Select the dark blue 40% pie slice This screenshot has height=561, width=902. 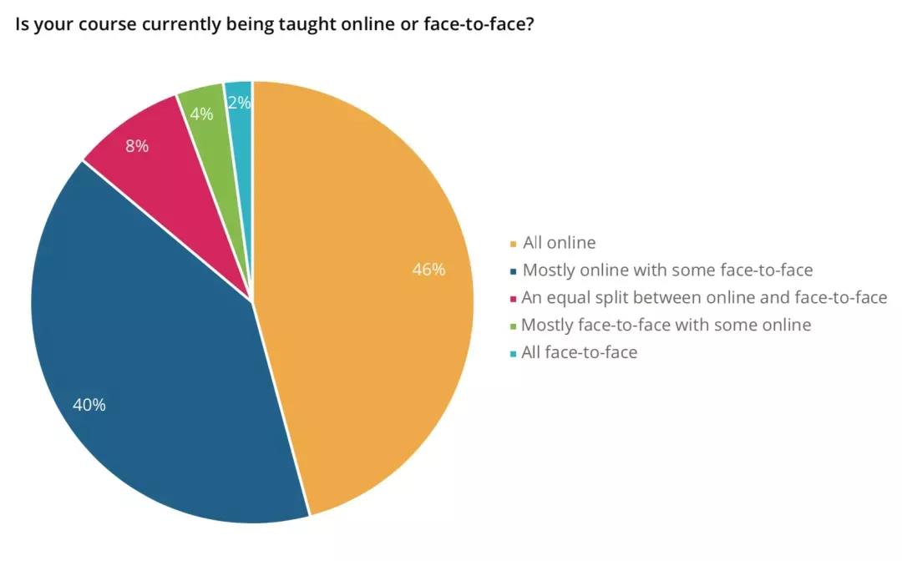point(159,351)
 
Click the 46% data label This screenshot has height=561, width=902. point(428,270)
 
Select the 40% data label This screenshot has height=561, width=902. point(89,405)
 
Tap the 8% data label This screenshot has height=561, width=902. point(137,146)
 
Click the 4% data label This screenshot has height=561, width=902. point(201,114)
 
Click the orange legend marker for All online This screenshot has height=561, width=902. point(514,245)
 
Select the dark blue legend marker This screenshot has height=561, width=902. point(514,271)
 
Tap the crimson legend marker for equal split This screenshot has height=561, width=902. point(513,298)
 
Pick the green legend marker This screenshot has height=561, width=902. point(513,326)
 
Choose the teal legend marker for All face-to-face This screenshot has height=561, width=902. point(513,354)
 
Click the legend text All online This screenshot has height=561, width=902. point(559,243)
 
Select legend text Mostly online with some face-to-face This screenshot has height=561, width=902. point(667,270)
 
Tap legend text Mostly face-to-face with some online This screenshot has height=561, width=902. point(666,325)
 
